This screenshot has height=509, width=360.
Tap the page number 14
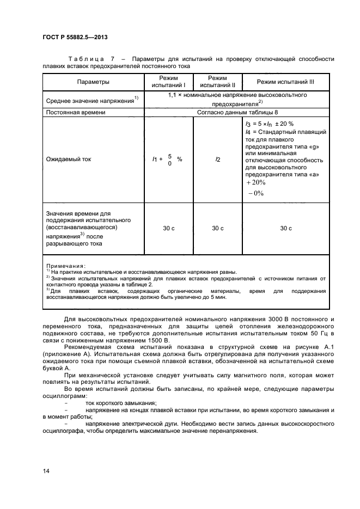46,470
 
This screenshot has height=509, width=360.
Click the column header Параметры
93,82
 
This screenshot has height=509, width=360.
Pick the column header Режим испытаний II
217,82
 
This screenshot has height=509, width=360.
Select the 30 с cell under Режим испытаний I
168,228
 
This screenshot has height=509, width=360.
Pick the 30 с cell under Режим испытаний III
285,228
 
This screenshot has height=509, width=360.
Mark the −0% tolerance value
255,193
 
